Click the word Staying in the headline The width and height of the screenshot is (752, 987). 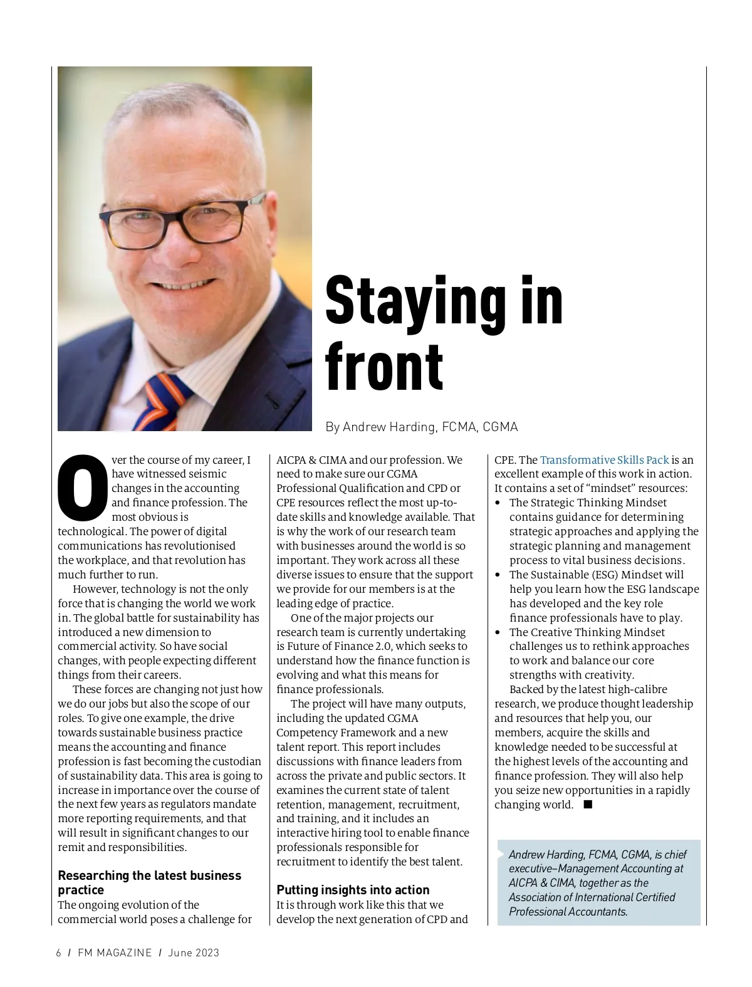click(415, 302)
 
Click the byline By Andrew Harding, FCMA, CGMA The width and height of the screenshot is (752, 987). click(421, 427)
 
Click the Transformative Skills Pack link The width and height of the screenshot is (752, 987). click(604, 460)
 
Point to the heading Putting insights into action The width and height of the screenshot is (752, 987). click(353, 890)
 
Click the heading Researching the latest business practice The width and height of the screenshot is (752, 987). click(149, 882)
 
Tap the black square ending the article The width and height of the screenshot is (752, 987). click(588, 804)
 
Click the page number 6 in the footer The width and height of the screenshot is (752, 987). click(59, 953)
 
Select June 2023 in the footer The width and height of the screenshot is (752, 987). click(194, 953)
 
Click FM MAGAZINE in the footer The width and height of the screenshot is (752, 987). click(115, 953)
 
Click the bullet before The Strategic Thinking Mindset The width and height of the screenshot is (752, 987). click(498, 503)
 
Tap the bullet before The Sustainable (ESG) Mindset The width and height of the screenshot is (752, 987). click(498, 575)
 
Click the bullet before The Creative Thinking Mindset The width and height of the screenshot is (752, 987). click(498, 633)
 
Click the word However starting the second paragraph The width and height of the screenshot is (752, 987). click(94, 589)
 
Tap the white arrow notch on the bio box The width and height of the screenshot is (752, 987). click(501, 854)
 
